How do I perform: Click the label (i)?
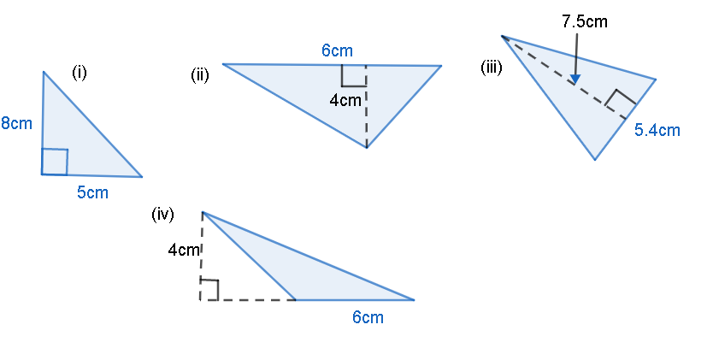[80, 74]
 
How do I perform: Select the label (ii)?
[200, 75]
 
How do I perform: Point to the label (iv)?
[162, 215]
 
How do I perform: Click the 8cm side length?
[17, 123]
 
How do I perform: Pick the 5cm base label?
[92, 192]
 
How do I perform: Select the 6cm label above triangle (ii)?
[337, 50]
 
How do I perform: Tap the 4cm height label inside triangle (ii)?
[345, 100]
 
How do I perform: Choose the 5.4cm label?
[657, 130]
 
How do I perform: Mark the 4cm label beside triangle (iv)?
[184, 251]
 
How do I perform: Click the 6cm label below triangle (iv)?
[368, 317]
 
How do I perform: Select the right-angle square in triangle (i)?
[55, 162]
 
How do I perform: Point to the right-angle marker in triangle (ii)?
[353, 75]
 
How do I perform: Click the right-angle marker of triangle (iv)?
[209, 290]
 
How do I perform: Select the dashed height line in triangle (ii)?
[367, 120]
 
